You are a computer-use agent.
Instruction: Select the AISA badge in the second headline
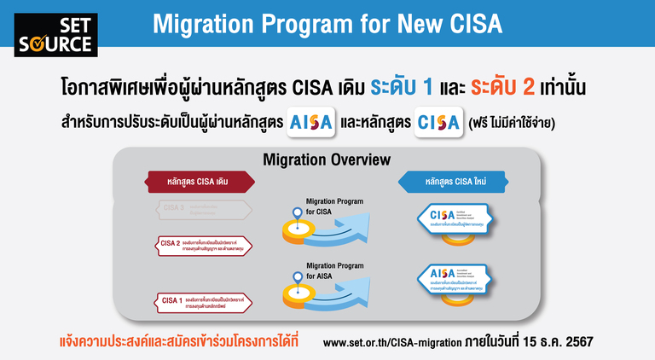click(310, 122)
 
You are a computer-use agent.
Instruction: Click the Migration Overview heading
click(327, 160)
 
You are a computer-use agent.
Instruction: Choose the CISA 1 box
click(204, 300)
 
